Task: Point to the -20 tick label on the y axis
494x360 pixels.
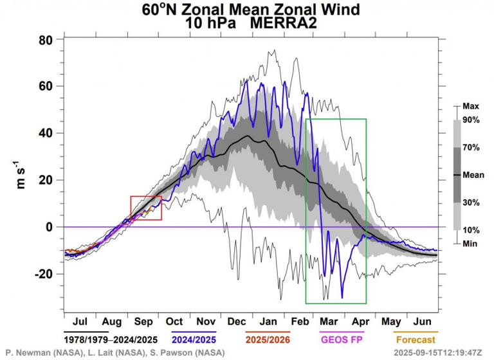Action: point(42,274)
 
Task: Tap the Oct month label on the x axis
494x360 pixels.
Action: point(174,320)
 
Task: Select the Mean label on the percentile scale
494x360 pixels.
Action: point(473,174)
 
